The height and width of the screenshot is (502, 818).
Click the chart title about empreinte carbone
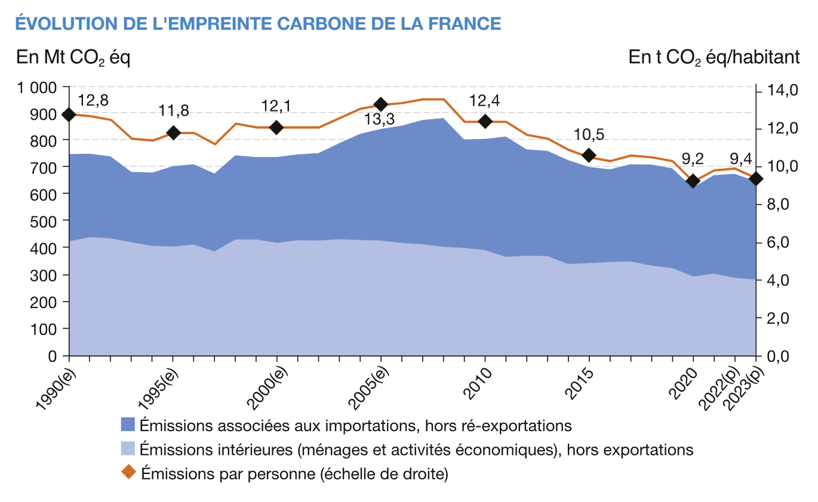[257, 23]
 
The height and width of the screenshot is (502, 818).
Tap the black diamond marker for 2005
[381, 105]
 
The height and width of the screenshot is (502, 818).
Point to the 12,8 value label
[93, 100]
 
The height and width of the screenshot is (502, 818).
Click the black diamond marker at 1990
[69, 114]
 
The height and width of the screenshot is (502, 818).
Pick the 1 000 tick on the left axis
[36, 87]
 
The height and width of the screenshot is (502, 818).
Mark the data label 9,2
[693, 159]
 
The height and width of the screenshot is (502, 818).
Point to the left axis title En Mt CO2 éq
[73, 58]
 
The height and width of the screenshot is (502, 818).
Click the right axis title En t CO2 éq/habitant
[714, 58]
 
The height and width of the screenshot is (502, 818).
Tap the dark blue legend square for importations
[128, 424]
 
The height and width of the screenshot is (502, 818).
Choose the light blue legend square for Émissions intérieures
[128, 448]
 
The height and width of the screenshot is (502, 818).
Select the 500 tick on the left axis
[45, 221]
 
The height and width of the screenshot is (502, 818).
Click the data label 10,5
[589, 135]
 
